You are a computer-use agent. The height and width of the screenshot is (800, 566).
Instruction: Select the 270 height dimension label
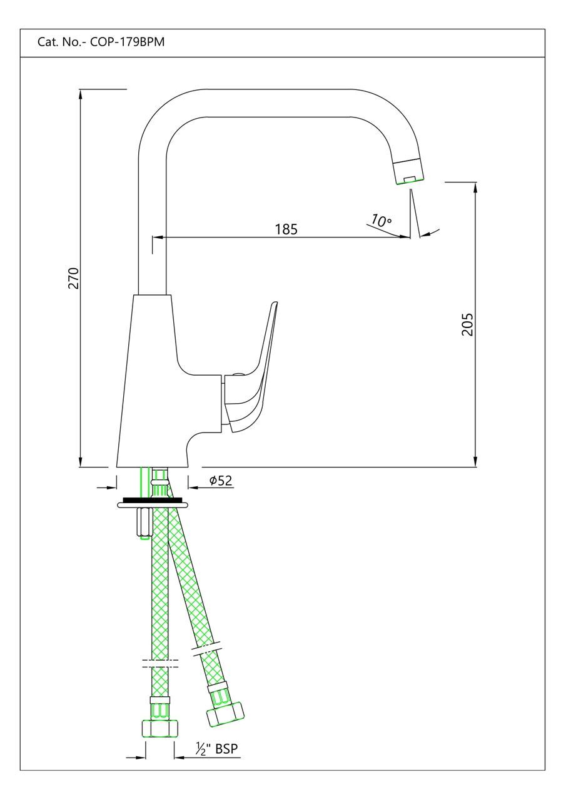coord(74,277)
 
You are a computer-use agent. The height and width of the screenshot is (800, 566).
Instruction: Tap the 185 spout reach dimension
coord(286,229)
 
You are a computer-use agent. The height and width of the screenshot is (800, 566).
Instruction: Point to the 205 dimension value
coord(467,324)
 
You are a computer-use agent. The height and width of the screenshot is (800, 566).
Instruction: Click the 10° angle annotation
coord(381,221)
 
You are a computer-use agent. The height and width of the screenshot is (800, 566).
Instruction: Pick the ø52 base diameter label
coord(220,481)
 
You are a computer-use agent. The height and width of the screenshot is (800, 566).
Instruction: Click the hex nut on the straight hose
coord(160,729)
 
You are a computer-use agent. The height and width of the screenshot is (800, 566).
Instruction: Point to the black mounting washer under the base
coord(153,500)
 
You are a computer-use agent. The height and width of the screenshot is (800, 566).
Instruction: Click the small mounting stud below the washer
coord(142,522)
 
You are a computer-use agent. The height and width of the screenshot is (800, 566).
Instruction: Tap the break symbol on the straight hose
coord(160,663)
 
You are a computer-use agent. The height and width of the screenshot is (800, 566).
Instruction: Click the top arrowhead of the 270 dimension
coord(81,94)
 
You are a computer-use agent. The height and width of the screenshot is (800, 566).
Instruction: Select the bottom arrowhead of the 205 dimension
coord(475,462)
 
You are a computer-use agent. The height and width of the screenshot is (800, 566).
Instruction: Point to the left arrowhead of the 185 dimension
coord(157,237)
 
